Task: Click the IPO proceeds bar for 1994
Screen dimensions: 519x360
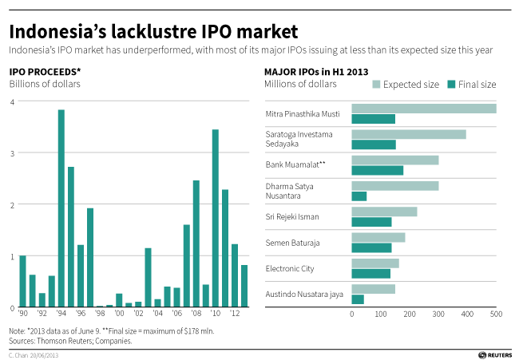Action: (61, 208)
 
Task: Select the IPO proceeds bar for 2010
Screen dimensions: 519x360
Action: (215, 218)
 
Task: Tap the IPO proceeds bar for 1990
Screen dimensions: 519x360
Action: (23, 281)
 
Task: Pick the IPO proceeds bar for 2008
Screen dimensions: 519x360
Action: (196, 243)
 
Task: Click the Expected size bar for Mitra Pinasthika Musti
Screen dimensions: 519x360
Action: (424, 109)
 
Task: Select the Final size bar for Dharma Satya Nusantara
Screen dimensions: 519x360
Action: (359, 196)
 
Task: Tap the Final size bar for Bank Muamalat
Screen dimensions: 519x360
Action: (378, 170)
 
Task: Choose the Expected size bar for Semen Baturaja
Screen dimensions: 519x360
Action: (378, 238)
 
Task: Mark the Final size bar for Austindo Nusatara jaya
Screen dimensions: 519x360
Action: (358, 299)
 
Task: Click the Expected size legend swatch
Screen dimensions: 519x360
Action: (376, 85)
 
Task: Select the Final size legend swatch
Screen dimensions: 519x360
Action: (451, 85)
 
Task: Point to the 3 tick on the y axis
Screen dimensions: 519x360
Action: (12, 153)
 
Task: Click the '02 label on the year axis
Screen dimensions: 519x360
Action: (138, 313)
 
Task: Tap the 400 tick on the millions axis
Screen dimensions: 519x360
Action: (467, 314)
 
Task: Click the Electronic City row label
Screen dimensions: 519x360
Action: (290, 269)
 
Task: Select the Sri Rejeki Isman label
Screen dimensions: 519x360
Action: (292, 217)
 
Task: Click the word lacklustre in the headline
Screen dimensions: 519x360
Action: (154, 31)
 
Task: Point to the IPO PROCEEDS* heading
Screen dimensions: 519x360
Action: (45, 72)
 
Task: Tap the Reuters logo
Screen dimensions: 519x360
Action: (495, 355)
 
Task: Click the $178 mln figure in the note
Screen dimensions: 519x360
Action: (202, 331)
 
